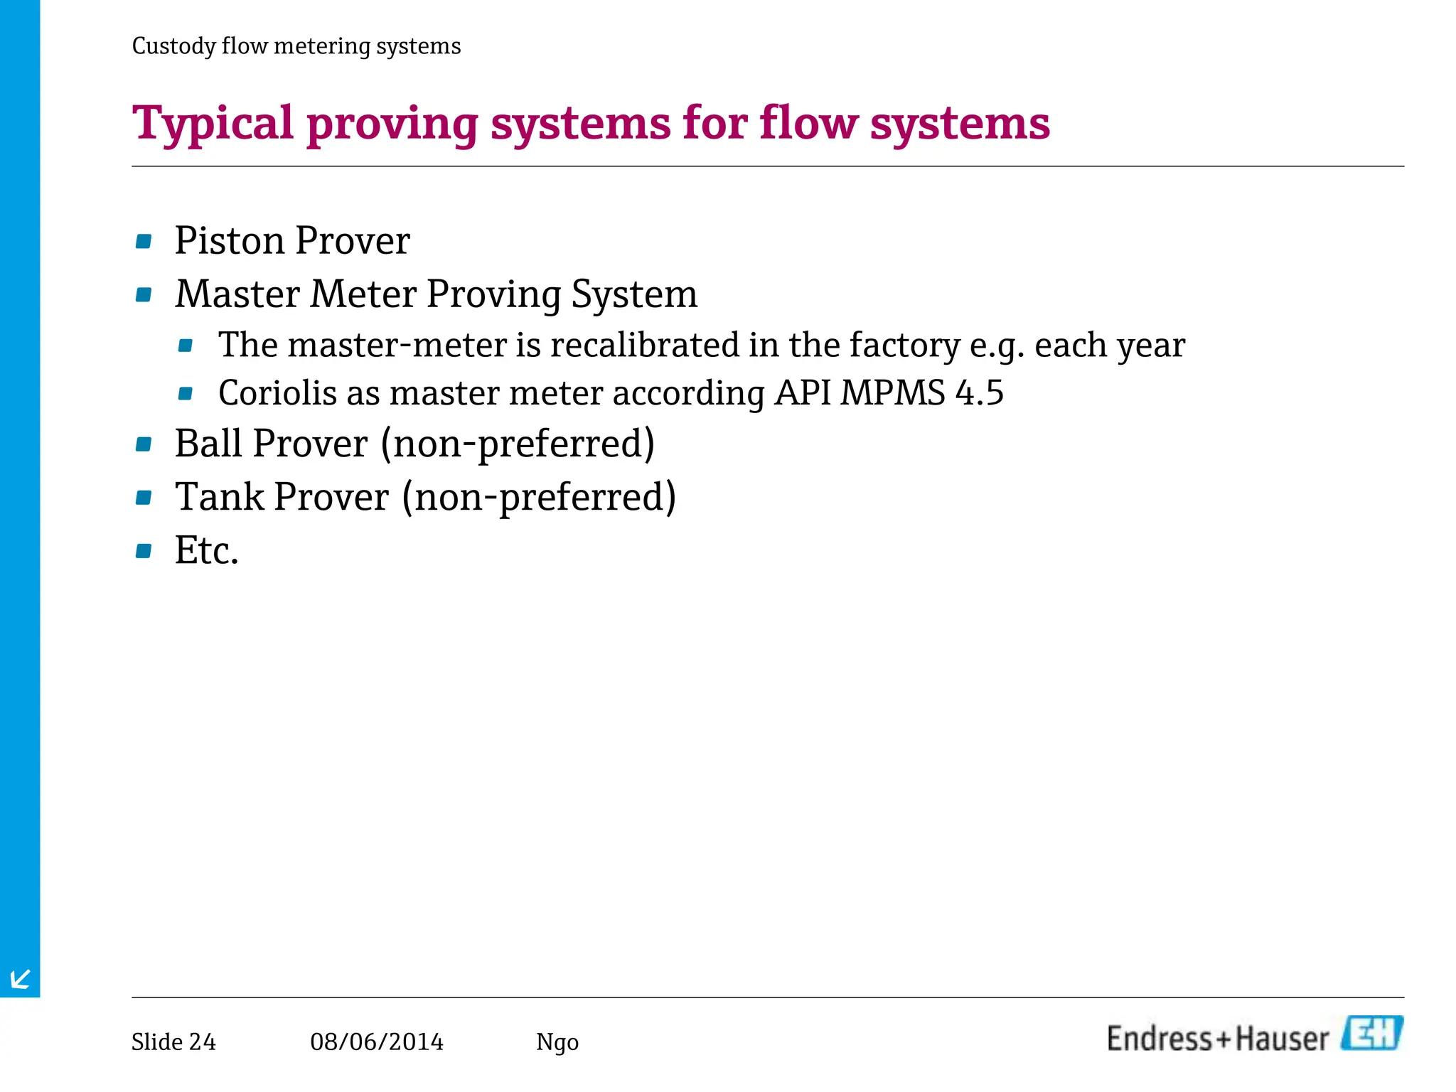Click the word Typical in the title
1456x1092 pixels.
(213, 124)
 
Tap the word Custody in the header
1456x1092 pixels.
(173, 46)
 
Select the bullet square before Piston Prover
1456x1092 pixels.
(144, 242)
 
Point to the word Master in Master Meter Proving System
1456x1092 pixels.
(237, 294)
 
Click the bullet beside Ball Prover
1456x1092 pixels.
(144, 445)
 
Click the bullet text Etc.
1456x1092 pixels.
(206, 550)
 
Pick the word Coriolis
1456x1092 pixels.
(277, 392)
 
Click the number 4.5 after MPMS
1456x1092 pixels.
(979, 392)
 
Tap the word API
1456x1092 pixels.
(803, 392)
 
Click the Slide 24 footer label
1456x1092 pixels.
(173, 1042)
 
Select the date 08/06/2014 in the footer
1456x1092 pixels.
(377, 1042)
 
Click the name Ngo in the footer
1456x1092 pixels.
(557, 1043)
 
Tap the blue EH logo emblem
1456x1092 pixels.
(1371, 1034)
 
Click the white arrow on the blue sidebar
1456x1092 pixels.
(21, 979)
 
